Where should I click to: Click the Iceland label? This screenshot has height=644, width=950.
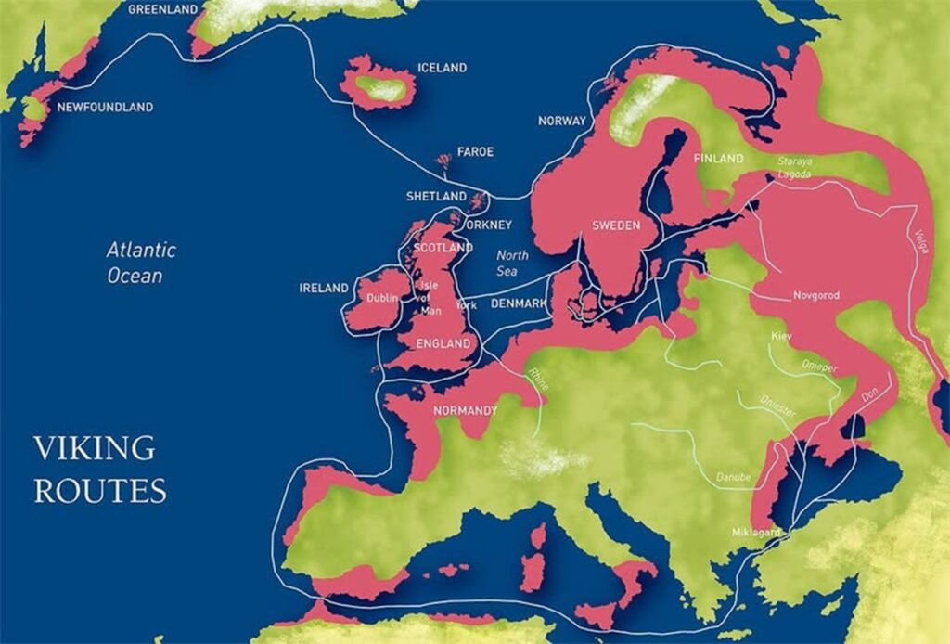pyautogui.click(x=442, y=68)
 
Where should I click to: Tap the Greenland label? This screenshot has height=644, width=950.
pyautogui.click(x=163, y=9)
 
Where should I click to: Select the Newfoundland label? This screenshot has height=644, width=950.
pyautogui.click(x=105, y=108)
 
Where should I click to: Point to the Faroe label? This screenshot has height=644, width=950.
pyautogui.click(x=475, y=151)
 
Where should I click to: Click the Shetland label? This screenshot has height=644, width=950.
pyautogui.click(x=436, y=197)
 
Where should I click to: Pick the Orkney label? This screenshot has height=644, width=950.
pyautogui.click(x=489, y=225)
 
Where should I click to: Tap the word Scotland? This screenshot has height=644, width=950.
pyautogui.click(x=443, y=249)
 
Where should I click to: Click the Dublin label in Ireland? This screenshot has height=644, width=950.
pyautogui.click(x=381, y=298)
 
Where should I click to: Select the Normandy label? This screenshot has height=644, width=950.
pyautogui.click(x=465, y=410)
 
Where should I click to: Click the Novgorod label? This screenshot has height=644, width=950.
pyautogui.click(x=816, y=295)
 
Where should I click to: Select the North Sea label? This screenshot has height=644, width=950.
pyautogui.click(x=512, y=263)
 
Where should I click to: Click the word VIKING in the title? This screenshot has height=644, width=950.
pyautogui.click(x=95, y=448)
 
